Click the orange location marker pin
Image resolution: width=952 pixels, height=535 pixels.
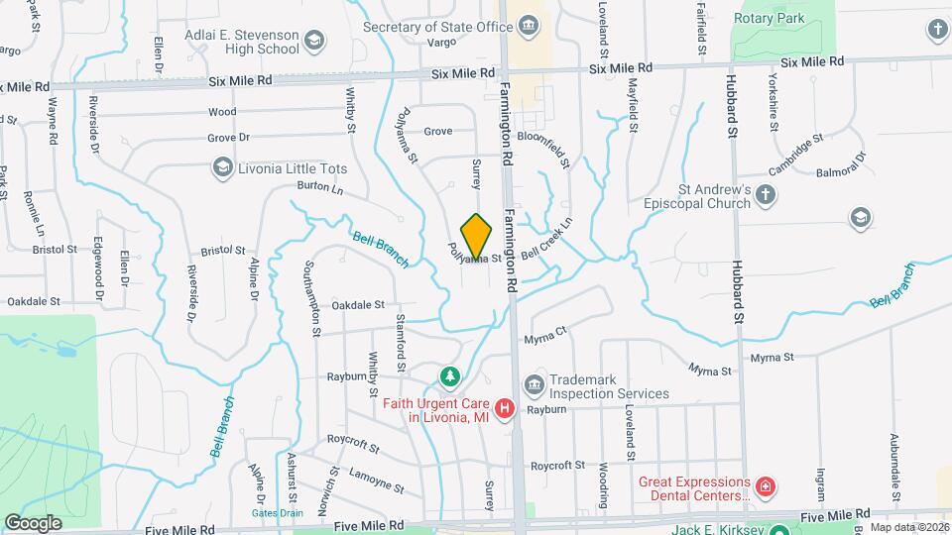[477, 237]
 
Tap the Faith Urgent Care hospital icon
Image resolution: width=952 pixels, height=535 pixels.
[505, 408]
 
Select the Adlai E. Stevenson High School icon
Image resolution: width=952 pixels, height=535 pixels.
[313, 41]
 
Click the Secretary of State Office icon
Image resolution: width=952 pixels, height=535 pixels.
[529, 26]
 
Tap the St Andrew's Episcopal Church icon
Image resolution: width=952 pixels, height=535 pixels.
[765, 195]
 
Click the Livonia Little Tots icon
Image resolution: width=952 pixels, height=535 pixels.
[222, 168]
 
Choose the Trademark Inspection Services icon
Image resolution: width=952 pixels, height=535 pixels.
[534, 383]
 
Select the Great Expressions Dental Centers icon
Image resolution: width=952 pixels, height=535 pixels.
[765, 487]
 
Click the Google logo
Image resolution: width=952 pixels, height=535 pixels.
[33, 522]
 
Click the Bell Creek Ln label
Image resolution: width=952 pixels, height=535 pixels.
[547, 240]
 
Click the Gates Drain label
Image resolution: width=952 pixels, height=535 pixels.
[277, 513]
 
